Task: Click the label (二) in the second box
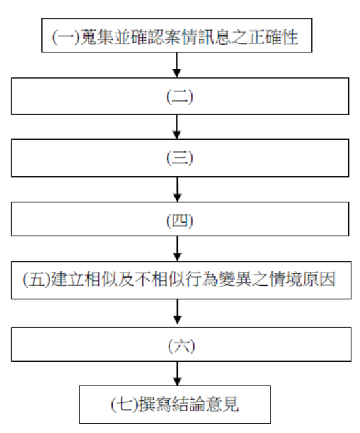coord(180,97)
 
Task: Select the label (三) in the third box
coord(180,158)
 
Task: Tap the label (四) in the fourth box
coord(180,221)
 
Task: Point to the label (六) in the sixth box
coord(182,346)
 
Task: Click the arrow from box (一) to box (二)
coord(177,65)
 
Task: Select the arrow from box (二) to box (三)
coord(177,126)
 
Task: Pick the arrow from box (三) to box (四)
coord(177,189)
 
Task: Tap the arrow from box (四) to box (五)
coord(177,249)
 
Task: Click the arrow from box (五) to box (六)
coord(177,312)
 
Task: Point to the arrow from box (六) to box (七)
coord(177,373)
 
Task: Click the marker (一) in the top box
coord(66,37)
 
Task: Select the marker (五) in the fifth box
coord(36,280)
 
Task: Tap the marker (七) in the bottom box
coord(125,405)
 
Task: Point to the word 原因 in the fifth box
coord(319,280)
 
